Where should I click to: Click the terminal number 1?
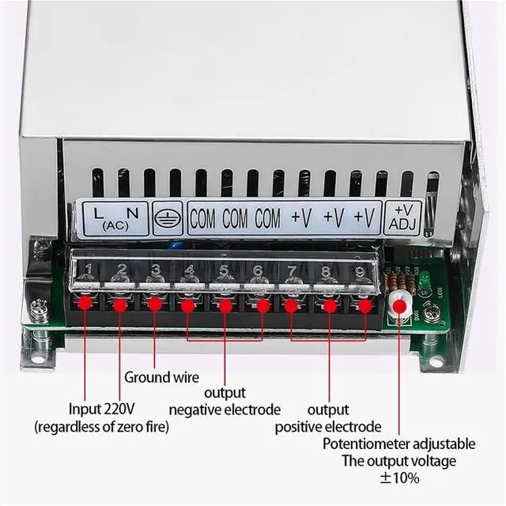click(89, 270)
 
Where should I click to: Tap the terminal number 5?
click(224, 270)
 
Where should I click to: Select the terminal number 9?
click(360, 270)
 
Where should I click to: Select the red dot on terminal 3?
click(155, 304)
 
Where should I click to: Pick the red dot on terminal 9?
click(366, 304)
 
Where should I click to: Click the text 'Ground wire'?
click(162, 377)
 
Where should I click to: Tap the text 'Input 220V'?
click(101, 409)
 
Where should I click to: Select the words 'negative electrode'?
click(225, 410)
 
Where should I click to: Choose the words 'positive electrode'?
click(328, 427)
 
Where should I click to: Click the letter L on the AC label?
click(98, 212)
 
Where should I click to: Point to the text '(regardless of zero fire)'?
click(101, 427)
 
